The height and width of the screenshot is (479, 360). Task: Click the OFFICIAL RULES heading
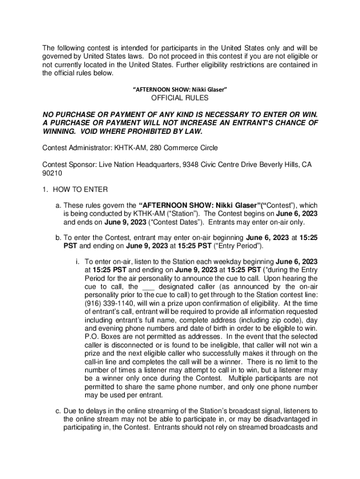click(180, 98)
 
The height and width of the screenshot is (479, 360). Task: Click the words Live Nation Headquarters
click(129, 165)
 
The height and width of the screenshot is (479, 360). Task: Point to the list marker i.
click(77, 261)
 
